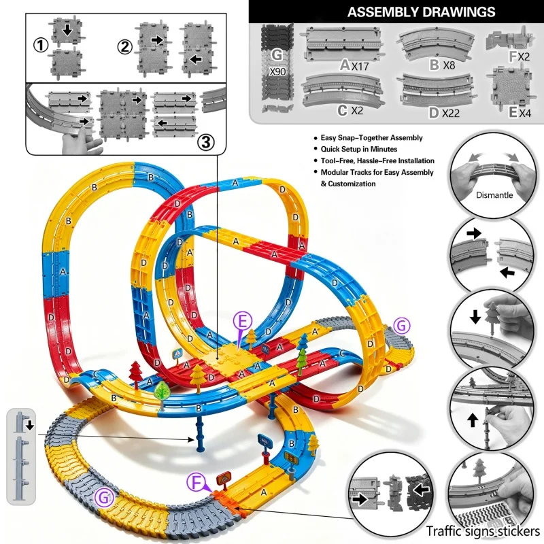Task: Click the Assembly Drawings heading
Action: tap(421, 12)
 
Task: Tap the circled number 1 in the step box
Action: tap(41, 46)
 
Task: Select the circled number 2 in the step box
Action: tap(125, 47)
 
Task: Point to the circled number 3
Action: tap(206, 142)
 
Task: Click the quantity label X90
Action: tap(277, 71)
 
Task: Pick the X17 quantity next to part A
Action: tap(360, 66)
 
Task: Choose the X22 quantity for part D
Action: tap(451, 113)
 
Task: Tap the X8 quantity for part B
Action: tap(449, 65)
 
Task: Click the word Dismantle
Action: tap(494, 195)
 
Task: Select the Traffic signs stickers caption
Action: tap(483, 531)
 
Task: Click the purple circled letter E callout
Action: tap(242, 321)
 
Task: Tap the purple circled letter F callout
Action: tap(197, 483)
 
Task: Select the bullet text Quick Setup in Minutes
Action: tap(359, 149)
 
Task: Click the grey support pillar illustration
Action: tap(21, 456)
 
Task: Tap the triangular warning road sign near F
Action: tap(224, 480)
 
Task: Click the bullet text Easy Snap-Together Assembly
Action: tap(371, 138)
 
